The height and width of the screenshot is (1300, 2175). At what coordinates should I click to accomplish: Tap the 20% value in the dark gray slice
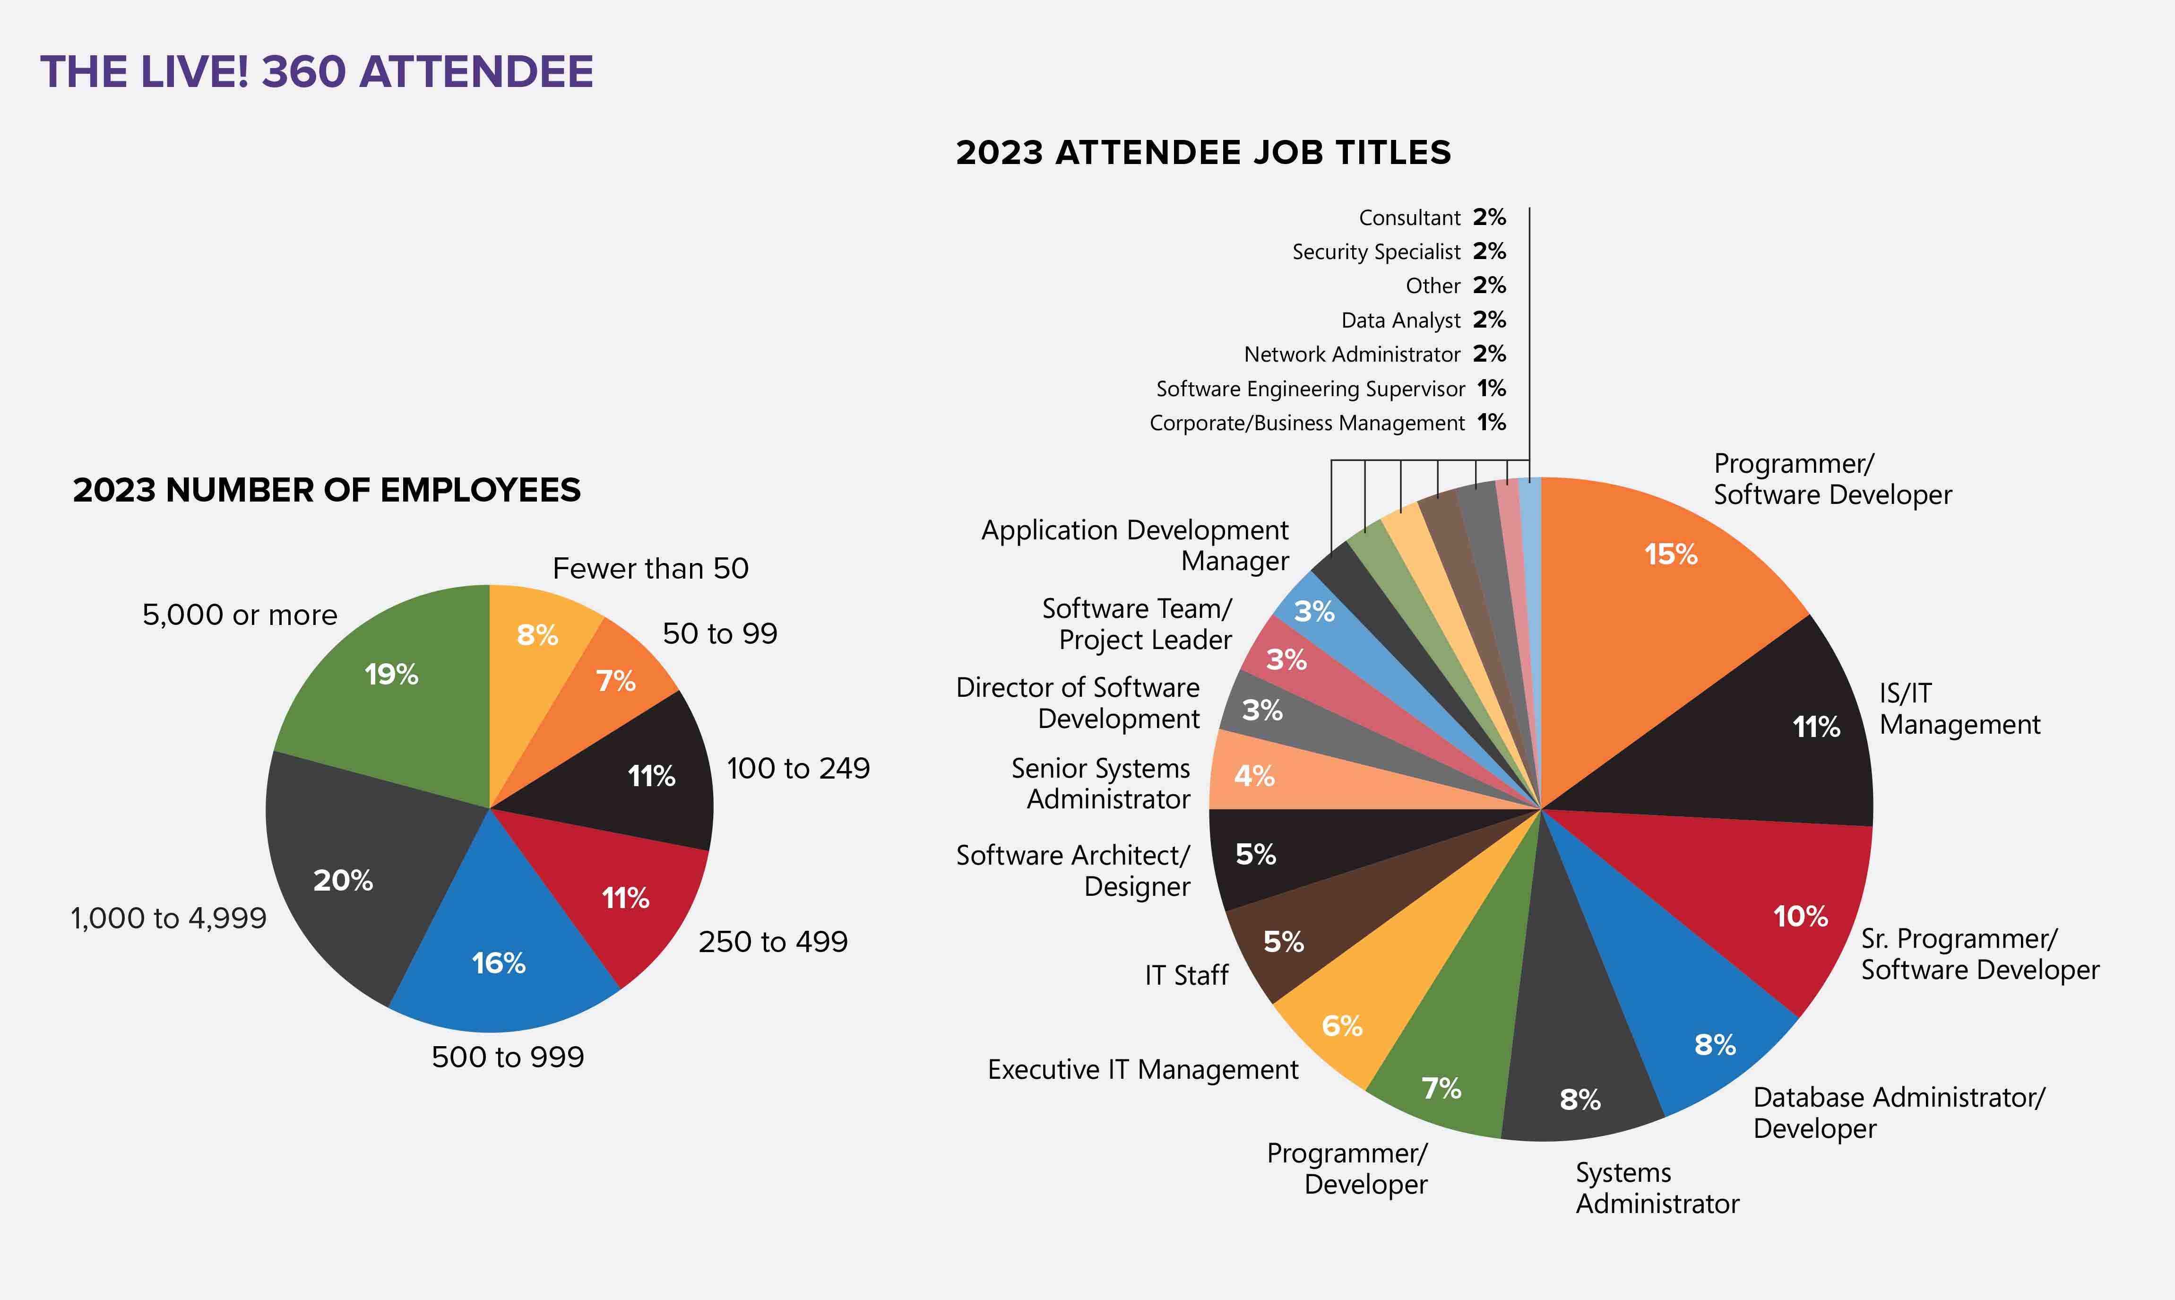(x=343, y=880)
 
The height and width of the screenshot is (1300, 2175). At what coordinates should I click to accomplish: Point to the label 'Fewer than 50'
(x=651, y=569)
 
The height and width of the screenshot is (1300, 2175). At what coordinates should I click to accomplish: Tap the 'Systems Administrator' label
(x=1657, y=1188)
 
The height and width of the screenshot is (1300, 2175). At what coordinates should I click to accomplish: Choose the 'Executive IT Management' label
(x=1143, y=1070)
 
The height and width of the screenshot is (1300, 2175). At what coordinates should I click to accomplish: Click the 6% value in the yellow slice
(x=1341, y=1026)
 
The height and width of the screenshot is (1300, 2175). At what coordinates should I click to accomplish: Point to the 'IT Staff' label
(x=1186, y=975)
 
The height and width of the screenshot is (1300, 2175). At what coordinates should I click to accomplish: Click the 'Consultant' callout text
(x=1409, y=217)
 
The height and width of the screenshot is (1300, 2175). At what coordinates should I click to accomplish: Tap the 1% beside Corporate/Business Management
(x=1491, y=422)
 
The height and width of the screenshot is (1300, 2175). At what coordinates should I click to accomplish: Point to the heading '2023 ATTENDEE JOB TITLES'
(x=1203, y=152)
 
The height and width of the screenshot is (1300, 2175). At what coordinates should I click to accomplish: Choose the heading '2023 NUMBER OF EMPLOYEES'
(x=327, y=490)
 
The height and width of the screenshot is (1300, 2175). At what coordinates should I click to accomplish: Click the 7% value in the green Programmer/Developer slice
(x=1441, y=1088)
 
